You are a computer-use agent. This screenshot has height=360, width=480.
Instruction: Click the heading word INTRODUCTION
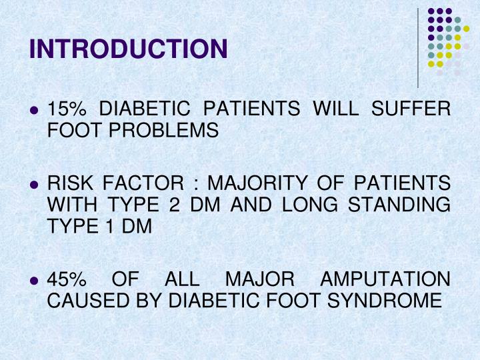pyautogui.click(x=129, y=49)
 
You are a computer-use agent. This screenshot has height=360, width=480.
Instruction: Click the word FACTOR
pyautogui.click(x=147, y=182)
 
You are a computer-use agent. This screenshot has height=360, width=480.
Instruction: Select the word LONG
pyautogui.click(x=309, y=205)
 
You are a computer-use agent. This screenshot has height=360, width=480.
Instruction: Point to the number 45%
pyautogui.click(x=65, y=279)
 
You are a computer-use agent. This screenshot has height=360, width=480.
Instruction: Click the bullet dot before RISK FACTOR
pyautogui.click(x=35, y=183)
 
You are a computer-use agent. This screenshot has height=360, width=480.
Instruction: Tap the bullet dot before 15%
pyautogui.click(x=35, y=109)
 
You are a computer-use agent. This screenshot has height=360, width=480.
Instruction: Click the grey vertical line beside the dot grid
pyautogui.click(x=418, y=47)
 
